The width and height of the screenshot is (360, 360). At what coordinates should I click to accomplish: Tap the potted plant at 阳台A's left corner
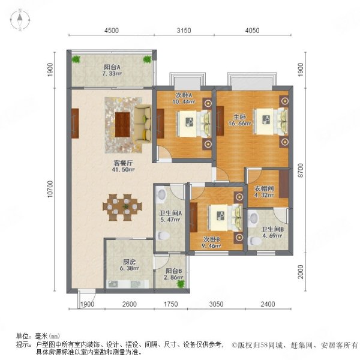coord(76,59)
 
